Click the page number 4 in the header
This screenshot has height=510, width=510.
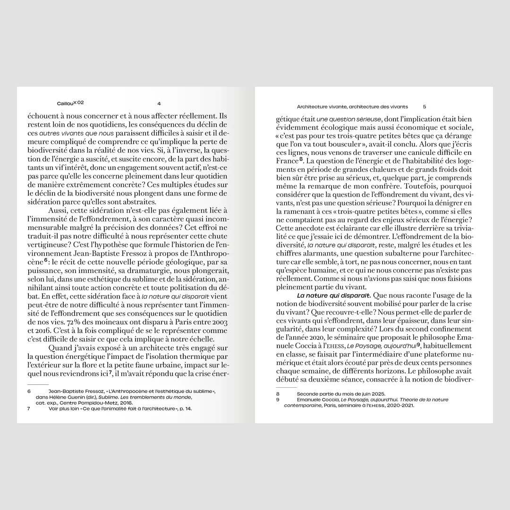pos(159,103)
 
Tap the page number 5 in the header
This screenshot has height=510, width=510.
pos(425,107)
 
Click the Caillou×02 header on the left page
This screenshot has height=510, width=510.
pos(70,103)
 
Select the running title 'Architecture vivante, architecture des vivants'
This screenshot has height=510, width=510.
pos(352,107)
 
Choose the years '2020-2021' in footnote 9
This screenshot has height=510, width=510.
pos(400,405)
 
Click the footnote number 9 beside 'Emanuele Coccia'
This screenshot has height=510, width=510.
pos(278,399)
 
